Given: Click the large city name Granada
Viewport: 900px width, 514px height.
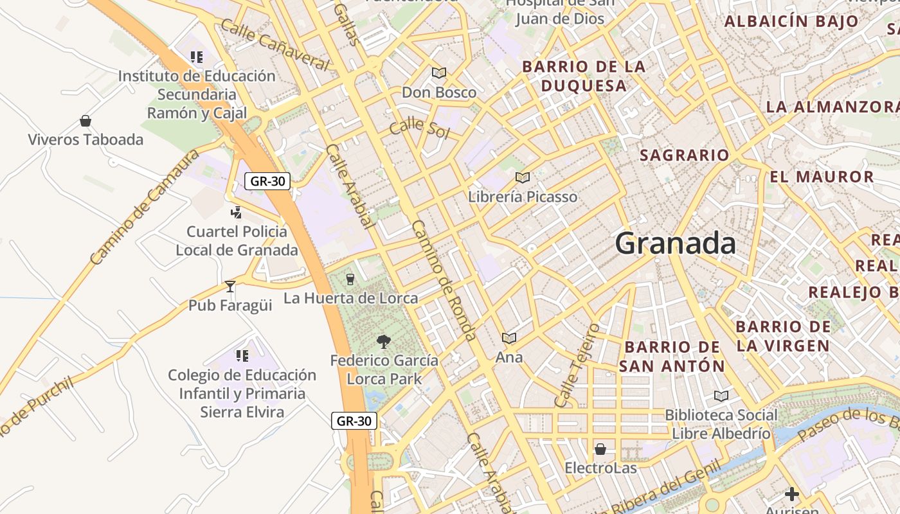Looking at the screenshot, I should (x=675, y=244).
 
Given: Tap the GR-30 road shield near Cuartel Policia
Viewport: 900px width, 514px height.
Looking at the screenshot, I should (x=267, y=181).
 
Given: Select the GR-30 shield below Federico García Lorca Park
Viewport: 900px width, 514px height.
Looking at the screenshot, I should (x=354, y=421).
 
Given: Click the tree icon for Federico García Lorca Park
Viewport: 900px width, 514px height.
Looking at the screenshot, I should (x=384, y=341).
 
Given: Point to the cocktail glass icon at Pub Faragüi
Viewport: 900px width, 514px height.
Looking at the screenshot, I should (x=230, y=286).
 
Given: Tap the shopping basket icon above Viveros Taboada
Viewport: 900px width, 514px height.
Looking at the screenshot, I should (x=85, y=121).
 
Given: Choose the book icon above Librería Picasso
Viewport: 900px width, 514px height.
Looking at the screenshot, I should (x=523, y=177).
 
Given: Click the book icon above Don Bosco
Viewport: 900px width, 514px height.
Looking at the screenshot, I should (x=439, y=73).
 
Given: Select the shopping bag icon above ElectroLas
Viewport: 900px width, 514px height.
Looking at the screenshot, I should (x=600, y=448).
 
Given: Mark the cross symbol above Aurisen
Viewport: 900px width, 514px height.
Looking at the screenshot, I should (x=792, y=494).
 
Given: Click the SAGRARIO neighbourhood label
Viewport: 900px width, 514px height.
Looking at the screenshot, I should (x=685, y=155).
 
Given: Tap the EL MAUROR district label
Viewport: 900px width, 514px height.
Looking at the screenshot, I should (x=822, y=177).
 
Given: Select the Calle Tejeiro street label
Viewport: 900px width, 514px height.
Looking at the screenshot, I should (x=577, y=365).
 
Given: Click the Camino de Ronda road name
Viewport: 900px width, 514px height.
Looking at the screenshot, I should (x=444, y=280).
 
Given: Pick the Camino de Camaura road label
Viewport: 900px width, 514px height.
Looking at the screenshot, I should (x=145, y=208).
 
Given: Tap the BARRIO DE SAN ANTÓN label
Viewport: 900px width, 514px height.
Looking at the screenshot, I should (x=672, y=357).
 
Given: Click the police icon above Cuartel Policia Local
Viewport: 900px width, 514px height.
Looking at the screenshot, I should (x=236, y=212).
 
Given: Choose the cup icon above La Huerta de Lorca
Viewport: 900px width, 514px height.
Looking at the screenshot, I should (x=350, y=279).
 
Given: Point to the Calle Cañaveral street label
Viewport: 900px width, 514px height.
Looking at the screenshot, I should (x=274, y=44).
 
